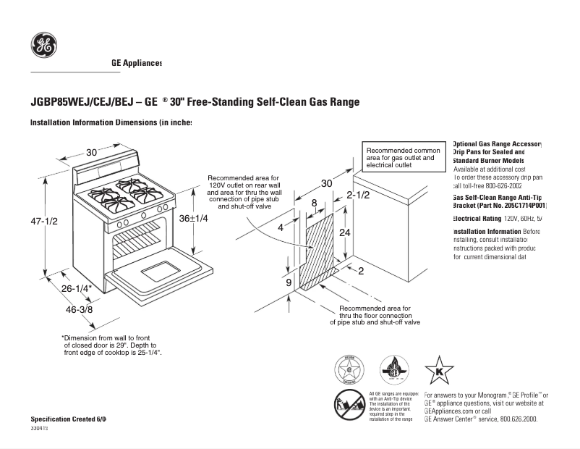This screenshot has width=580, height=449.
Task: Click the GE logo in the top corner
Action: [44, 46]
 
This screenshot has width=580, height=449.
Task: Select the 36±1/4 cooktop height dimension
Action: [193, 218]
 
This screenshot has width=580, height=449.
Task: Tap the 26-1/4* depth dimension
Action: [75, 288]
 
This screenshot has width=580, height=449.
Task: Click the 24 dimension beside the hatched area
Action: [345, 232]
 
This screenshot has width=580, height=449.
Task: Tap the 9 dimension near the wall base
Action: [289, 282]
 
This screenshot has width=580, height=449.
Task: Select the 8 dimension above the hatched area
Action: [314, 203]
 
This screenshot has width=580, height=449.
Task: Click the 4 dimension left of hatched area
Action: [281, 227]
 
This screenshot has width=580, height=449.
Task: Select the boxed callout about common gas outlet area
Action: [402, 157]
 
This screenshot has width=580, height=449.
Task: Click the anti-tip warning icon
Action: [349, 404]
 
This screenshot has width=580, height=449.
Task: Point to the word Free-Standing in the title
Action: [221, 102]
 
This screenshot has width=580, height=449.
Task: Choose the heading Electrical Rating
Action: [477, 218]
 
